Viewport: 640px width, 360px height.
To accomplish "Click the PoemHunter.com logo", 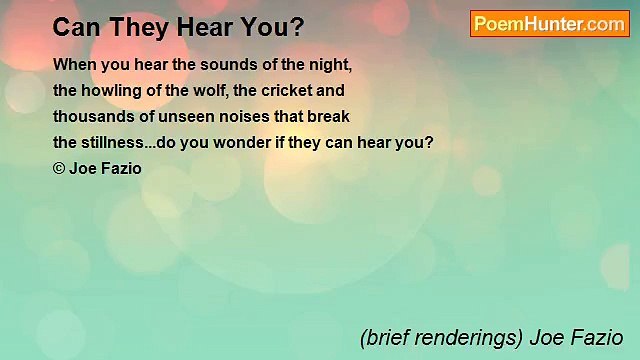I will point(549,24).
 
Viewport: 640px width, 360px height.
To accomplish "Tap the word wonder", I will point(240,142).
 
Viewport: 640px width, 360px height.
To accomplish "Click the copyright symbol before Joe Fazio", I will point(59,168).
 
